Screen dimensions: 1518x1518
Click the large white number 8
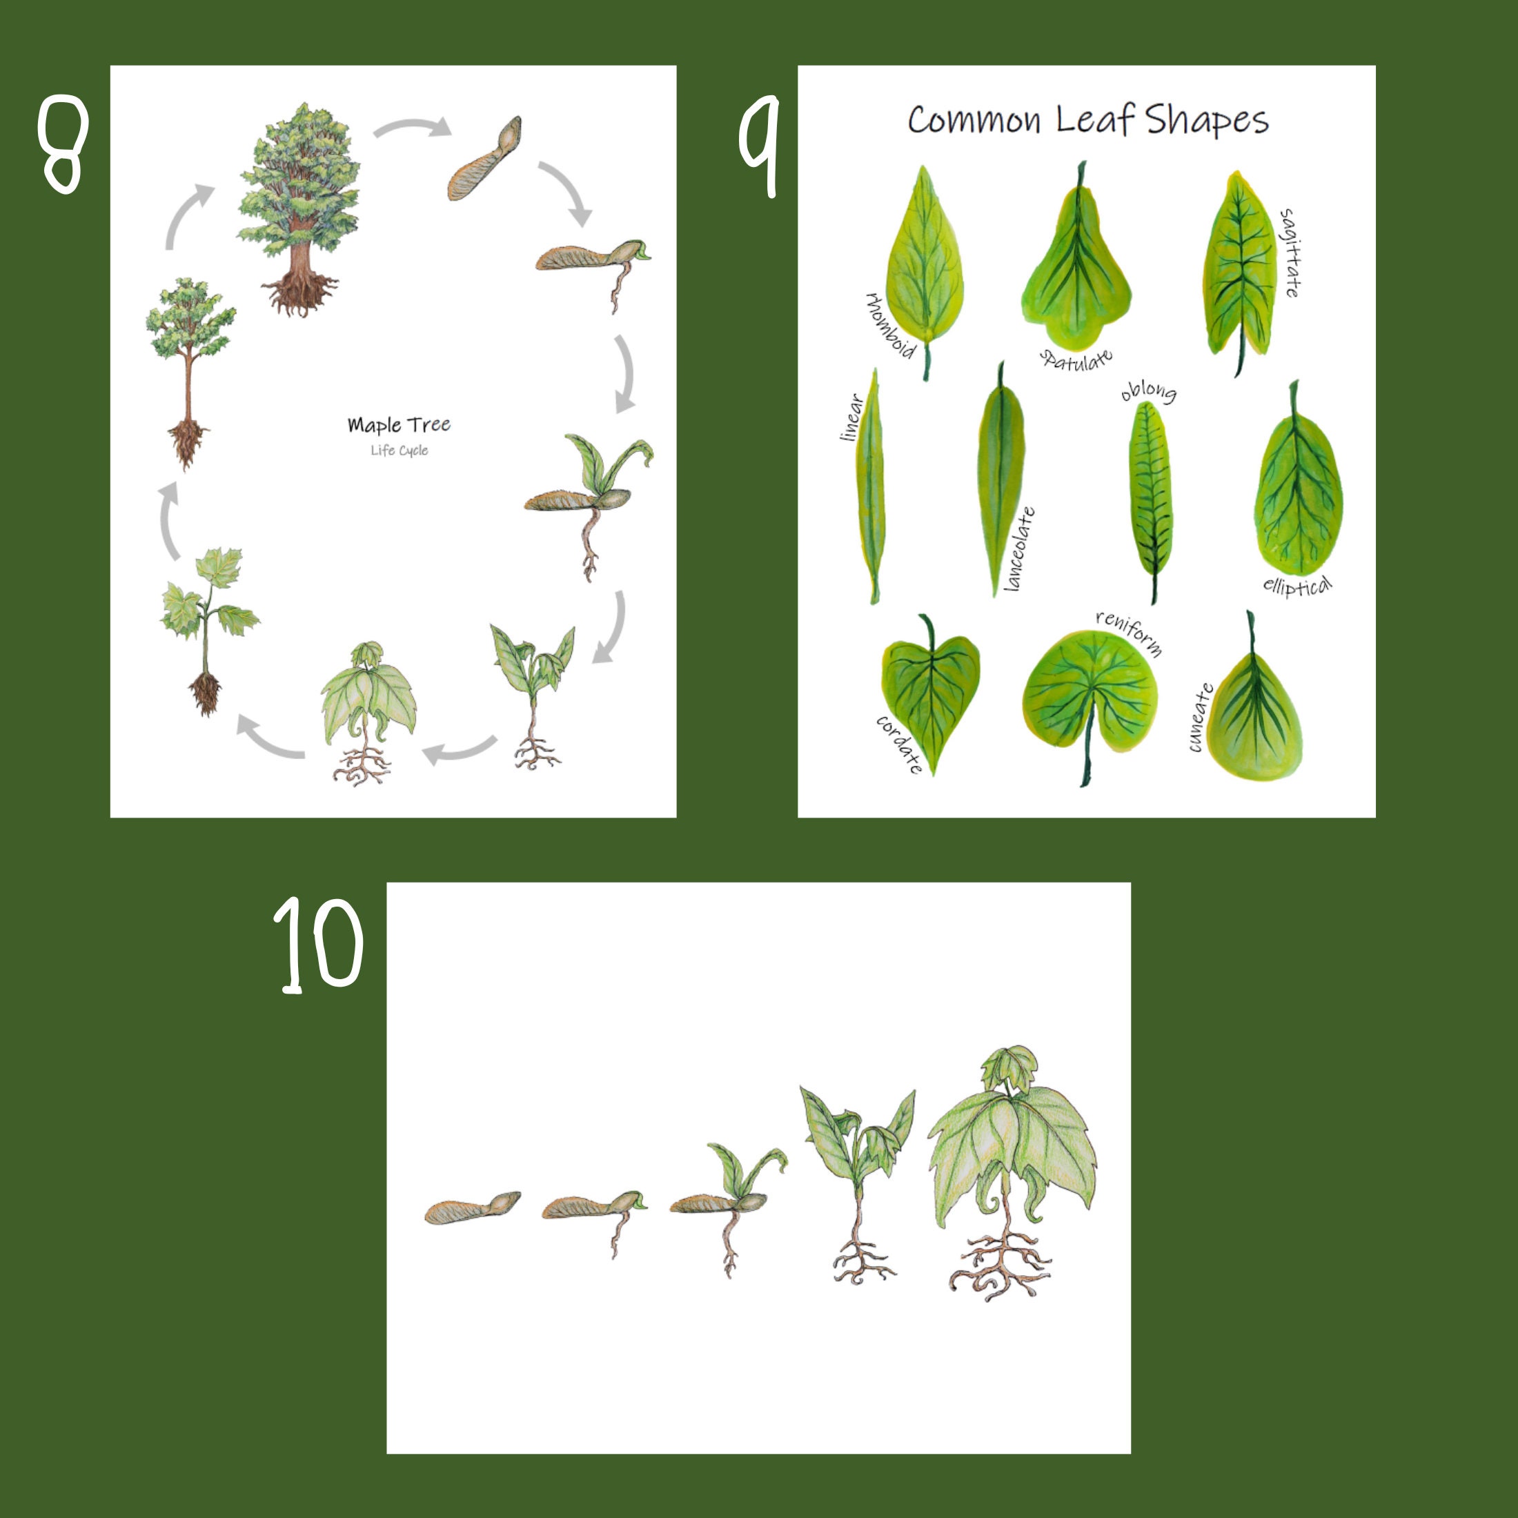tap(63, 145)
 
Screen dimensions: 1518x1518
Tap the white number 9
tap(758, 145)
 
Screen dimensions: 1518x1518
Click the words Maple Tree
tap(399, 425)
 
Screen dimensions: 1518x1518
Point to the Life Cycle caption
tap(399, 450)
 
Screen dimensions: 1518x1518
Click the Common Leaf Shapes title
tap(1087, 120)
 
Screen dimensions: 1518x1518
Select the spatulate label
tap(1076, 359)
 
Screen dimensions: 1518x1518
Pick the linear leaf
tap(871, 487)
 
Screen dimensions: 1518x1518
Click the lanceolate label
tap(1019, 549)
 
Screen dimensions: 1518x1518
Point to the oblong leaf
tap(1150, 495)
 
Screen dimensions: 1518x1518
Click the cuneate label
tap(1200, 718)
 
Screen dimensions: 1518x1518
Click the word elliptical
tap(1297, 586)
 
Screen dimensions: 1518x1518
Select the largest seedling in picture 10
tap(1012, 1171)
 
